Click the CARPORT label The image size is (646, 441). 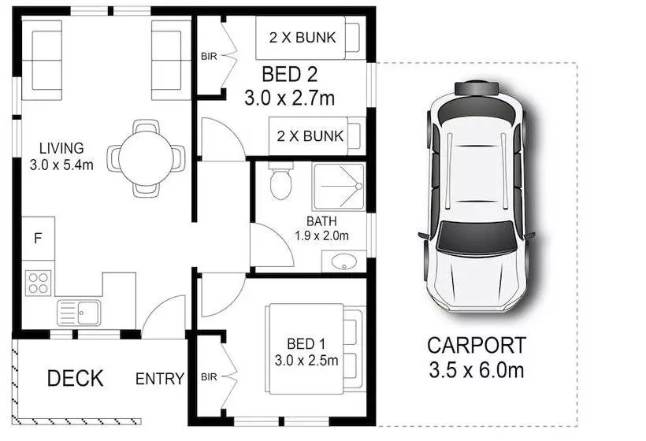click(476, 345)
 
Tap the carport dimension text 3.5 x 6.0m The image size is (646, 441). click(476, 368)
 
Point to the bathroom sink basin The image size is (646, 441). click(343, 262)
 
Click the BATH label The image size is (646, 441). click(321, 220)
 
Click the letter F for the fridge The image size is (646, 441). click(36, 237)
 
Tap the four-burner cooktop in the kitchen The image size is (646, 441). click(37, 282)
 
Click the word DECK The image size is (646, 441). click(75, 378)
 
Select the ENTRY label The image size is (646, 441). click(160, 379)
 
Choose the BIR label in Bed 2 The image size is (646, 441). click(208, 56)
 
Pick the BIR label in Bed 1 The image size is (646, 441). click(208, 376)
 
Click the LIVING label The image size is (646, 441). click(61, 148)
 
